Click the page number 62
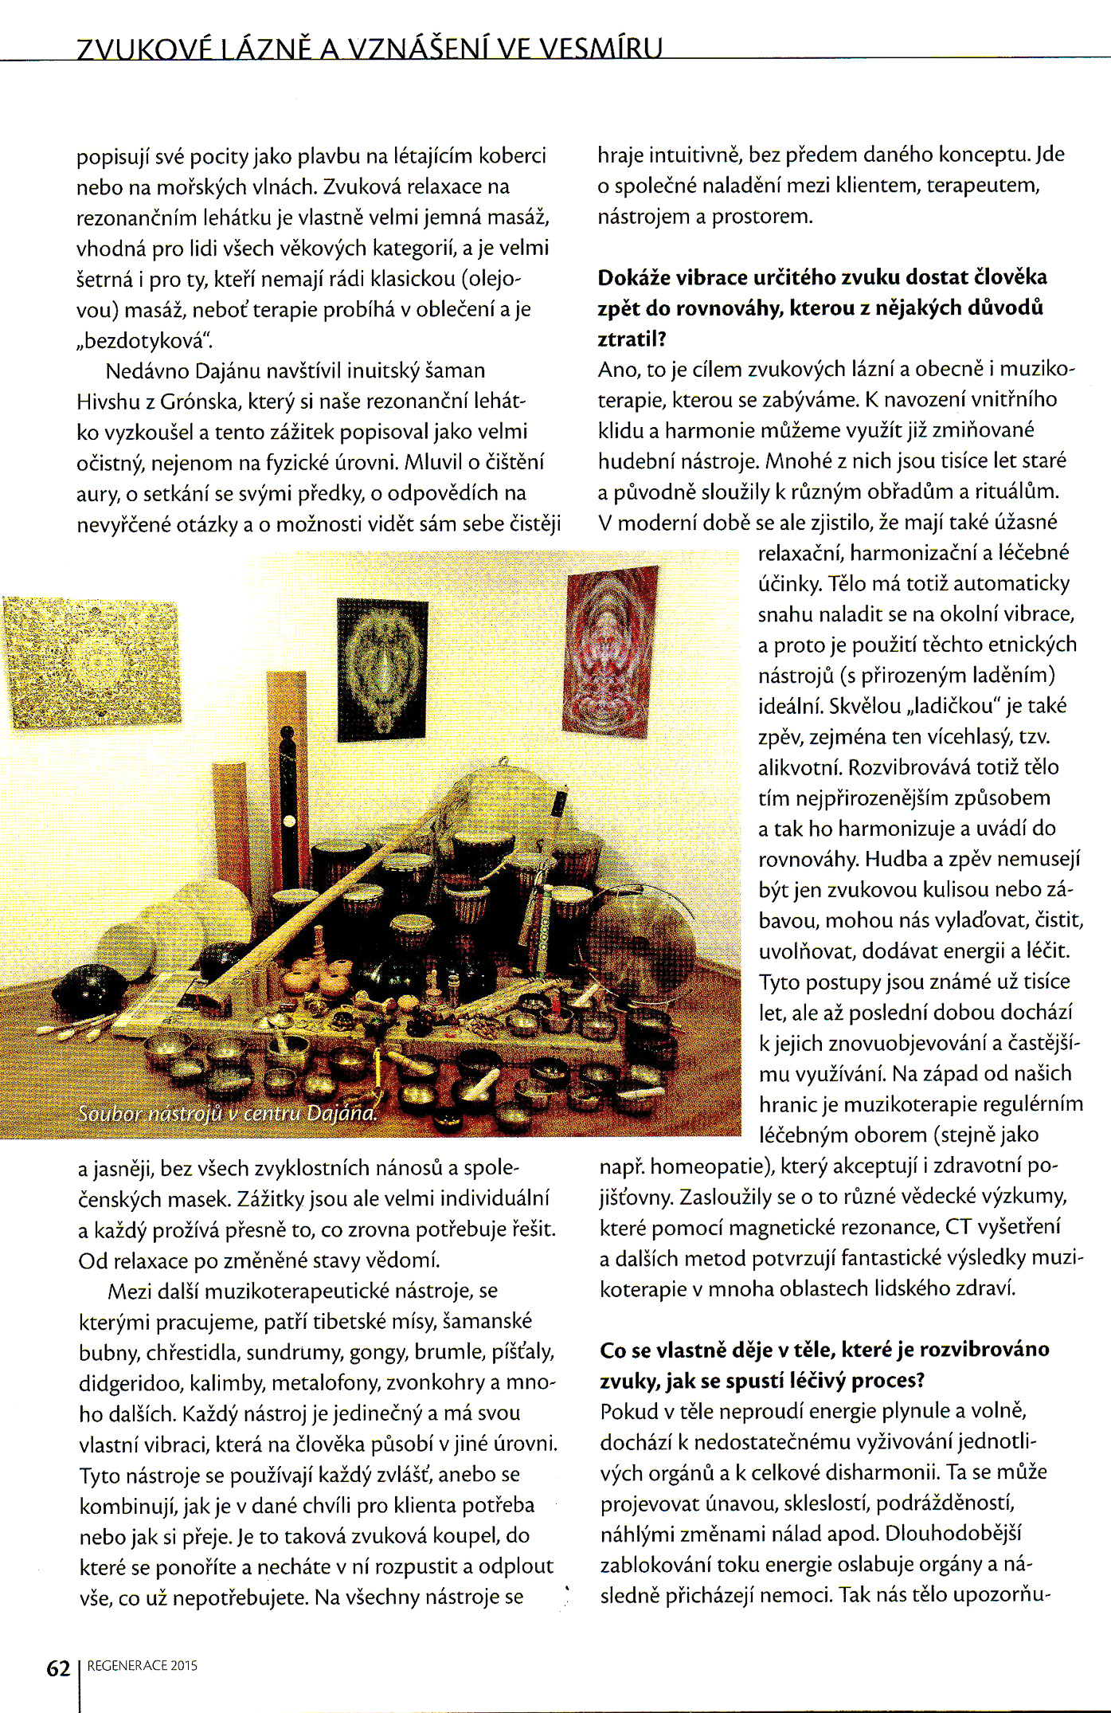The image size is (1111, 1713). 59,1668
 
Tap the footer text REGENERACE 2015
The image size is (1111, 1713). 143,1665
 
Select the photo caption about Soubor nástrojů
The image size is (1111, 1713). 227,1112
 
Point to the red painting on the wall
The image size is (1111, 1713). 611,650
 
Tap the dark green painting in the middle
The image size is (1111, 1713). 382,669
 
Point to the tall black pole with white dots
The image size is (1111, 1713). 290,805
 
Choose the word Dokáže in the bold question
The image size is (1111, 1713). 633,277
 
